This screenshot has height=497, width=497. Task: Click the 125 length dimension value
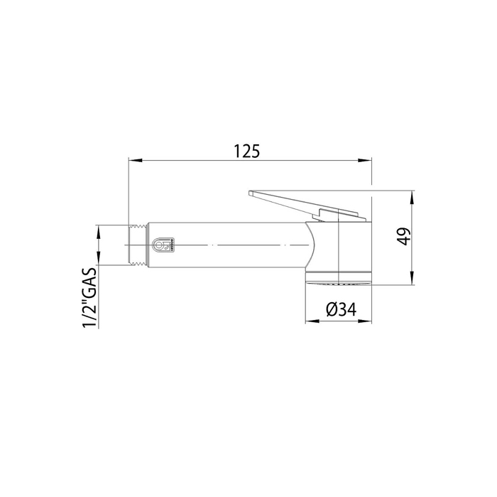[x=247, y=151]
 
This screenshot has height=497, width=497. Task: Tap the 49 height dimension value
[x=403, y=236]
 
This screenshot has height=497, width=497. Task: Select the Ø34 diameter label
[x=341, y=309]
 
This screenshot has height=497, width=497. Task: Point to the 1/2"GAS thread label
[x=89, y=297]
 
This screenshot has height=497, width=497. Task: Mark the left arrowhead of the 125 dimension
[x=134, y=160]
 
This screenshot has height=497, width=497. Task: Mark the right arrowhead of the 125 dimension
[x=365, y=160]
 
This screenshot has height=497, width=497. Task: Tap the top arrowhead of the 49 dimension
[x=412, y=197]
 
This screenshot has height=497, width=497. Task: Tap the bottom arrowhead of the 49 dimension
[x=412, y=278]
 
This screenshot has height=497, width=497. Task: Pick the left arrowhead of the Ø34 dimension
[x=312, y=321]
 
